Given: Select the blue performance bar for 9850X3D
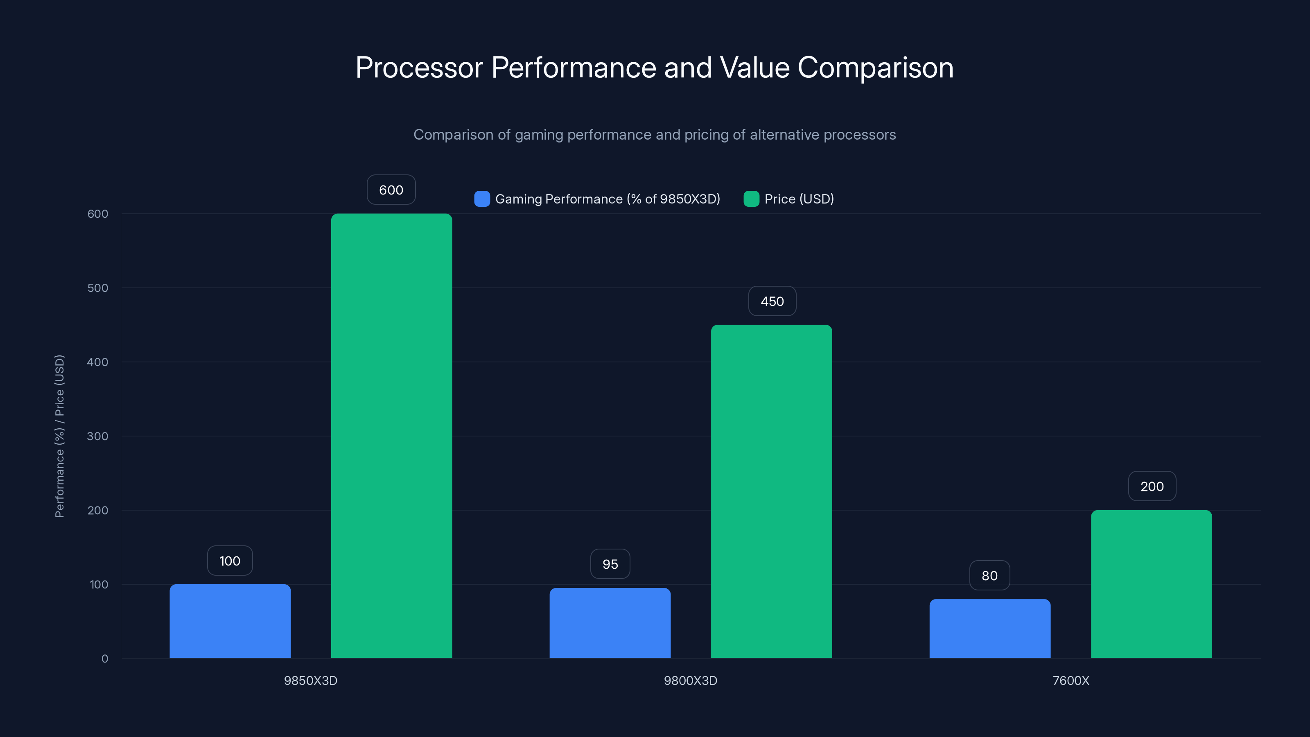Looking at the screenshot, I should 230,621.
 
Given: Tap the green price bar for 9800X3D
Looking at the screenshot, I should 771,491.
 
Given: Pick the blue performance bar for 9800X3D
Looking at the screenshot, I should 610,623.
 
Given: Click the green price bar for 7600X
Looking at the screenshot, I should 1151,584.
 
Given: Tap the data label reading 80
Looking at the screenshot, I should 989,575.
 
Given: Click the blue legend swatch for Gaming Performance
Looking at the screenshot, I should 481,199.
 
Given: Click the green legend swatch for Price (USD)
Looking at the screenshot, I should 751,199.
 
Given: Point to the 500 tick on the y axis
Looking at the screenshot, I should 98,288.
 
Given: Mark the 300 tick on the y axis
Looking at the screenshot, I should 98,436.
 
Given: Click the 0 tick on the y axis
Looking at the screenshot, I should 104,659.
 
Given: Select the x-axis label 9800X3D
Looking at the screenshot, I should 690,680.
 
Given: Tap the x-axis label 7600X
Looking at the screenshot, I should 1071,680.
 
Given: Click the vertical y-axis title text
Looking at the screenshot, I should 59,436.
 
